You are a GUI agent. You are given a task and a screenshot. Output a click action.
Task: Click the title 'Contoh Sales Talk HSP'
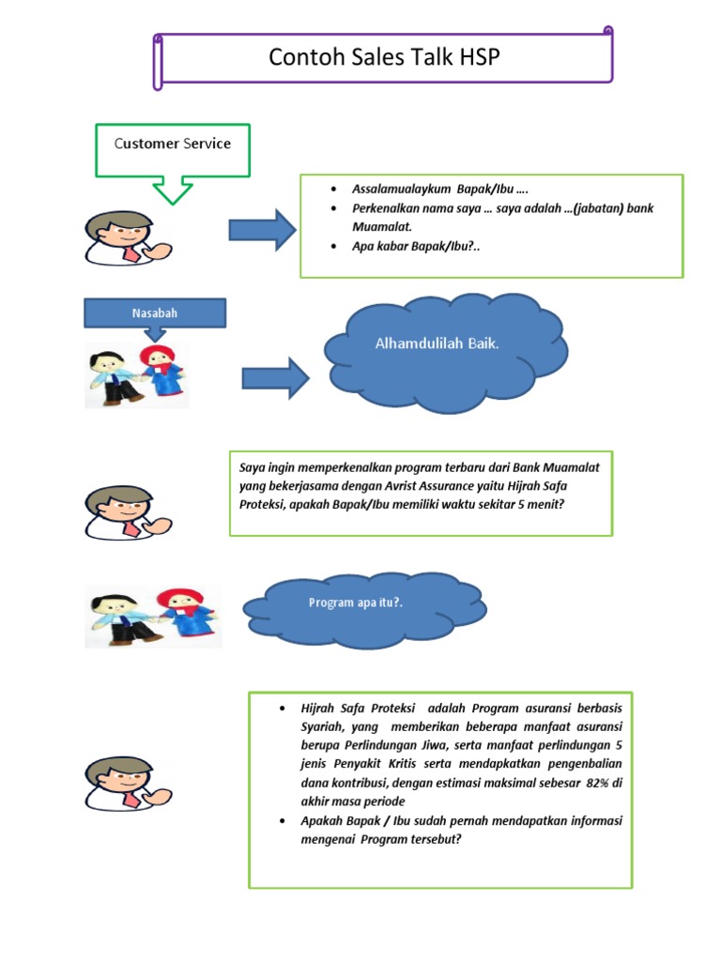point(385,58)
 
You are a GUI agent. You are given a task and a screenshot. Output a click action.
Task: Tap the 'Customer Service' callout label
point(173,144)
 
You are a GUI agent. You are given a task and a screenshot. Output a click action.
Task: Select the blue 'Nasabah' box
point(155,313)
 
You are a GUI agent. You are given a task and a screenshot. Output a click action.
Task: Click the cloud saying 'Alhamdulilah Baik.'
point(437,344)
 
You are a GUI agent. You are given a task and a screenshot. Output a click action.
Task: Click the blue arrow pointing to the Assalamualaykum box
point(262,229)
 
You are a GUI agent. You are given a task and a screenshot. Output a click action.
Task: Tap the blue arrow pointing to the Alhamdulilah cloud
point(275,377)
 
